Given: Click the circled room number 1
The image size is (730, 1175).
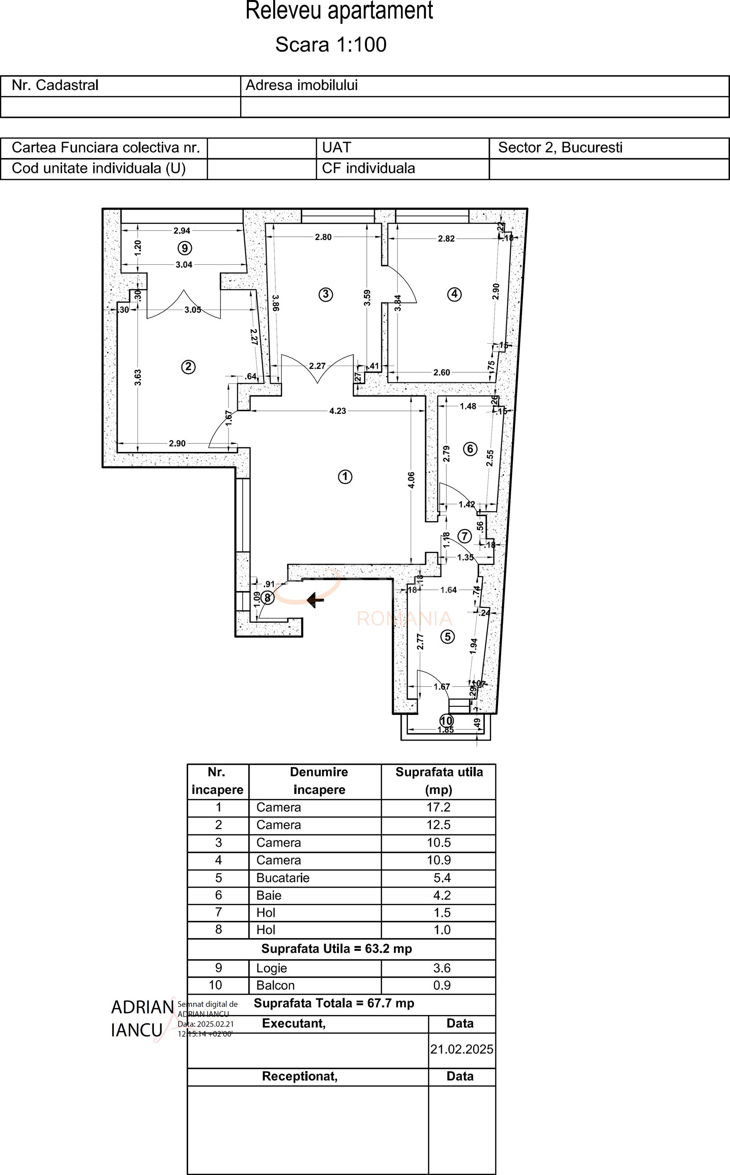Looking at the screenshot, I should [x=345, y=477].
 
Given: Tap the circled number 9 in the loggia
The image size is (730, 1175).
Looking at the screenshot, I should [x=185, y=248].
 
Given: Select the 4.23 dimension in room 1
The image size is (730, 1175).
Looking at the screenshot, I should [x=337, y=411].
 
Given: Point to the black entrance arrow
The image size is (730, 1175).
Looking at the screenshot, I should [x=315, y=600].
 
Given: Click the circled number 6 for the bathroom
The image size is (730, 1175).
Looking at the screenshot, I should [x=470, y=449].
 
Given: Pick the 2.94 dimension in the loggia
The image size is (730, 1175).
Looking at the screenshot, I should [x=182, y=230].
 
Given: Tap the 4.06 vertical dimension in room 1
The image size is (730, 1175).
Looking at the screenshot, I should [x=411, y=480].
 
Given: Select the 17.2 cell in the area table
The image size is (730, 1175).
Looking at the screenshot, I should [x=438, y=808].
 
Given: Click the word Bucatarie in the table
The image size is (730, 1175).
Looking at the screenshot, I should [x=283, y=878].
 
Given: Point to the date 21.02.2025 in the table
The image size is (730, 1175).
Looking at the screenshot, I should [x=461, y=1049].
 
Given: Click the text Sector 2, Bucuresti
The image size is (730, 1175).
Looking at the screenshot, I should [x=560, y=148].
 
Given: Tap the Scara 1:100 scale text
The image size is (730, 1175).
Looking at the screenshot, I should [x=331, y=44].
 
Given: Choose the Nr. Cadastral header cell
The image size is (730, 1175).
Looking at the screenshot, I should [x=55, y=85].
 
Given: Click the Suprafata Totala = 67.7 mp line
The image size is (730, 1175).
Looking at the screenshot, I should [x=334, y=1003].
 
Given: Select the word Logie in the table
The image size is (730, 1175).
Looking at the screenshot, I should [x=271, y=968].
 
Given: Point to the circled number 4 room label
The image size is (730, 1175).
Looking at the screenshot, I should [x=454, y=294].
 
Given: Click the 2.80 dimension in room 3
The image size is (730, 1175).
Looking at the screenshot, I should [x=323, y=237].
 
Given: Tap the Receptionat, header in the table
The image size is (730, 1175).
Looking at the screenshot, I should [x=299, y=1076].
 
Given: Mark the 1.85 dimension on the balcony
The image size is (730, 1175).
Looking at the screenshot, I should [x=445, y=730].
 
